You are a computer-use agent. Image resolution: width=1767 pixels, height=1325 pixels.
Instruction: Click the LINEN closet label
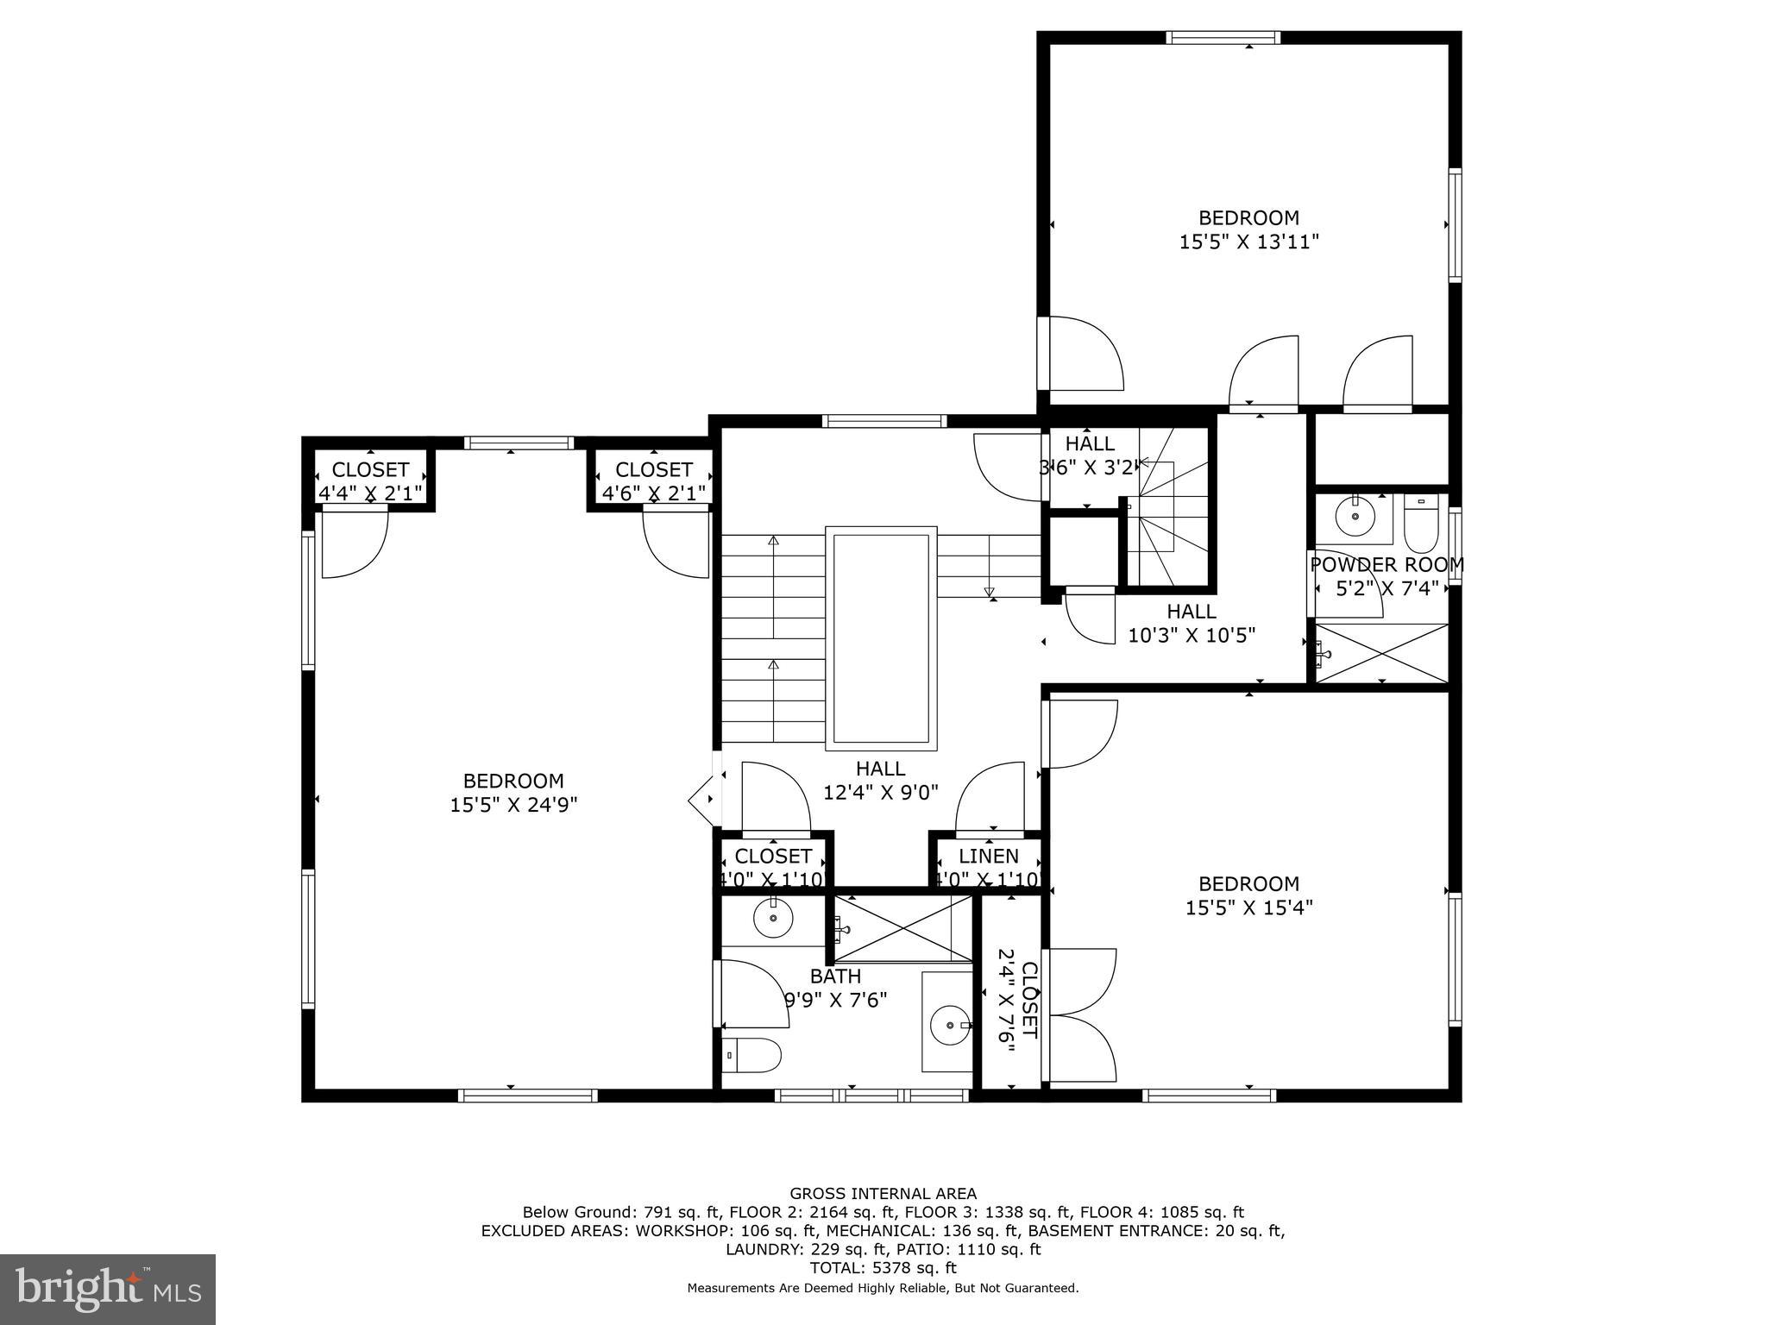(x=989, y=857)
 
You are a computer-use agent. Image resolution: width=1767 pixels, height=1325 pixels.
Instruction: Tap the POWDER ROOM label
(x=1387, y=565)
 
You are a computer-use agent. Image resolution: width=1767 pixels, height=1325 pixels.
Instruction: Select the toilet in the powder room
(x=1420, y=524)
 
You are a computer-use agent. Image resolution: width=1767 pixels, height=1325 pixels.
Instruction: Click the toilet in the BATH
(x=751, y=1054)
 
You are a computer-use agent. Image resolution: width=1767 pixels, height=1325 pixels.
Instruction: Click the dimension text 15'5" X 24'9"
(x=513, y=805)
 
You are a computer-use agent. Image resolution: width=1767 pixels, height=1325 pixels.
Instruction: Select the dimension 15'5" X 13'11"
(x=1248, y=242)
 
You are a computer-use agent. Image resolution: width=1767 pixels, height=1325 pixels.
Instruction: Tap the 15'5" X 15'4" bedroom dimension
(x=1248, y=907)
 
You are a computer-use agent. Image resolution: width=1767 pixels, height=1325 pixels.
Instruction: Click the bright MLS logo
(x=108, y=1289)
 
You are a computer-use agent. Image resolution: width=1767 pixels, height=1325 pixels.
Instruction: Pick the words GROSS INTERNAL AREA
(x=883, y=1194)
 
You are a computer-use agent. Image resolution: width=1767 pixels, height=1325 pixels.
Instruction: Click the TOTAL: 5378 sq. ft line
(x=883, y=1268)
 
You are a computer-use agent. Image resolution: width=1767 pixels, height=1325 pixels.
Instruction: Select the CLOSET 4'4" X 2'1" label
(x=370, y=480)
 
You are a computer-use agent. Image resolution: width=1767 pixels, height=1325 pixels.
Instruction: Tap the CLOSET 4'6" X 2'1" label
(x=653, y=480)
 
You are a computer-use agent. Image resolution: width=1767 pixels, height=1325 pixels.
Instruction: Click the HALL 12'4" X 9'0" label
(x=880, y=780)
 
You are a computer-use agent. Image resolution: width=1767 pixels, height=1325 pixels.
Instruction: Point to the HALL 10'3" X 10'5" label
(x=1192, y=623)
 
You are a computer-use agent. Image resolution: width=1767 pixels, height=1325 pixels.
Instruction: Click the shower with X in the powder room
(x=1380, y=653)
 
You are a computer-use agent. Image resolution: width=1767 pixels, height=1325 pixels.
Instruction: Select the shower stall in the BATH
(x=902, y=928)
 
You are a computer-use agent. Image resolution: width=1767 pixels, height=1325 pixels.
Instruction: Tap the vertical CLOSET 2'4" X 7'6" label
(x=1017, y=1002)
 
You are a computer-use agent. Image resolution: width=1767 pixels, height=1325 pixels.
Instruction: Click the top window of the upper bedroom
(x=1222, y=37)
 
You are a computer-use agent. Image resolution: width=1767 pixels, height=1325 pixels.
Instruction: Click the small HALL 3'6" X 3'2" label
(x=1089, y=455)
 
